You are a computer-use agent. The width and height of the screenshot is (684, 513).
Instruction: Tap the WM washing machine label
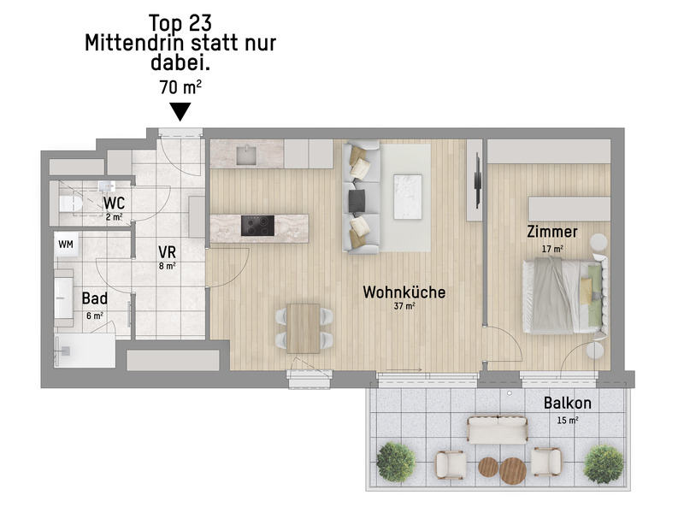(66, 244)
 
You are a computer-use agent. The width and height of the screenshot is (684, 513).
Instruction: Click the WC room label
(115, 203)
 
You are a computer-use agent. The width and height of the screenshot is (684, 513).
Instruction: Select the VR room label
(167, 252)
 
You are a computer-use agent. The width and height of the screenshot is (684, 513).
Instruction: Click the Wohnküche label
(404, 292)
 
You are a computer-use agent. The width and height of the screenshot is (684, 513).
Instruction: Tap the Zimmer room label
(552, 232)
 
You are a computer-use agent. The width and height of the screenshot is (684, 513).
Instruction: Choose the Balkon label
(567, 403)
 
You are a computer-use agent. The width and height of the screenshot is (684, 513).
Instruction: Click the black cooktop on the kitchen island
(256, 226)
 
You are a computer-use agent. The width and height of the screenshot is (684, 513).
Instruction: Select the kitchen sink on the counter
(246, 154)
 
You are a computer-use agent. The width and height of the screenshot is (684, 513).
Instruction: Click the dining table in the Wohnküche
(304, 327)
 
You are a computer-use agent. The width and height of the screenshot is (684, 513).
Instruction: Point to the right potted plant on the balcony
(604, 463)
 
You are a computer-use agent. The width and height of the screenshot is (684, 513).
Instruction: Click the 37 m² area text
(404, 306)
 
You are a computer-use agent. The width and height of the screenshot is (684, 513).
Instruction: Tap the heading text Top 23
(180, 22)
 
